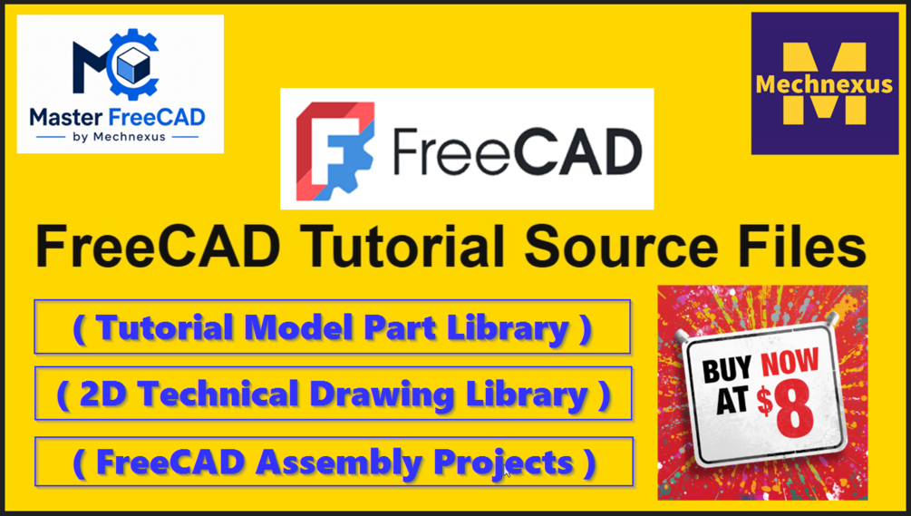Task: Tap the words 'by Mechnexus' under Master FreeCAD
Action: pos(119,137)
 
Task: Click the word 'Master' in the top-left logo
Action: pos(65,117)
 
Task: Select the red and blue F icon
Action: pos(334,150)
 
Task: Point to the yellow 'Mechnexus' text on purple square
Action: pos(824,84)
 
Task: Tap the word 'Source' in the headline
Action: pos(621,248)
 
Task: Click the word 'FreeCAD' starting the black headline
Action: pos(159,247)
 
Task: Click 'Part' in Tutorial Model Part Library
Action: pos(400,328)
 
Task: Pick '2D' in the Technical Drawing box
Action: pos(103,394)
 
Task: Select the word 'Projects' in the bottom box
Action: pos(504,463)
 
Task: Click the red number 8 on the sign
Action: pos(794,409)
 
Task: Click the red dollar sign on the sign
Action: pos(764,401)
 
